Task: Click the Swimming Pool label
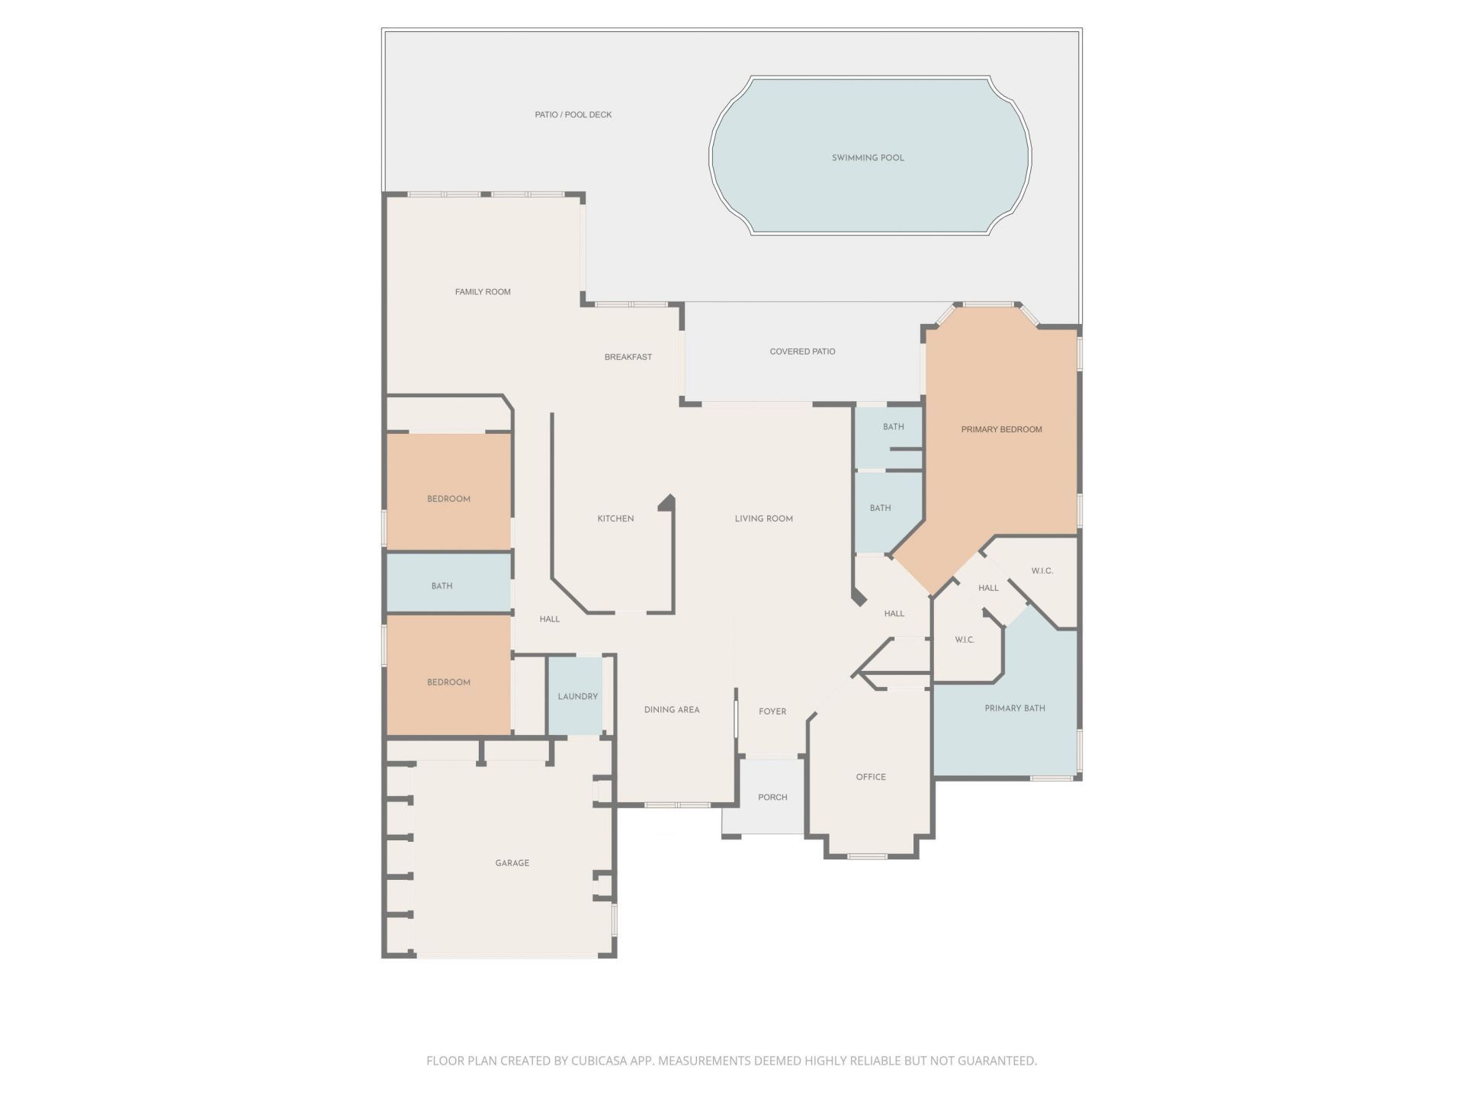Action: (x=868, y=158)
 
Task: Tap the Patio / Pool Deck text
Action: (x=573, y=114)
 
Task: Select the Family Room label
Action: (x=483, y=291)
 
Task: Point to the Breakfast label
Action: (x=628, y=357)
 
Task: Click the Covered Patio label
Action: (x=802, y=352)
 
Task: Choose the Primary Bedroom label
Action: (x=1001, y=429)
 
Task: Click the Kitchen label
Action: (x=615, y=518)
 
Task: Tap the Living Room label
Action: (x=764, y=518)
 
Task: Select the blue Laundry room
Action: (x=577, y=696)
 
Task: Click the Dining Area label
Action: (x=672, y=710)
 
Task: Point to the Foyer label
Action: (x=772, y=711)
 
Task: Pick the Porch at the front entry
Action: (x=772, y=797)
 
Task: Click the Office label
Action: (x=871, y=777)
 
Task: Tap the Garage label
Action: (x=512, y=863)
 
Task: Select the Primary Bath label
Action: (x=1015, y=708)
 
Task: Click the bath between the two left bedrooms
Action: (x=442, y=586)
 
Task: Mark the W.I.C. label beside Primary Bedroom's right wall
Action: (x=1042, y=571)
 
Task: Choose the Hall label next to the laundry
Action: (x=550, y=619)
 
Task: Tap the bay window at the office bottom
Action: (x=868, y=856)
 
